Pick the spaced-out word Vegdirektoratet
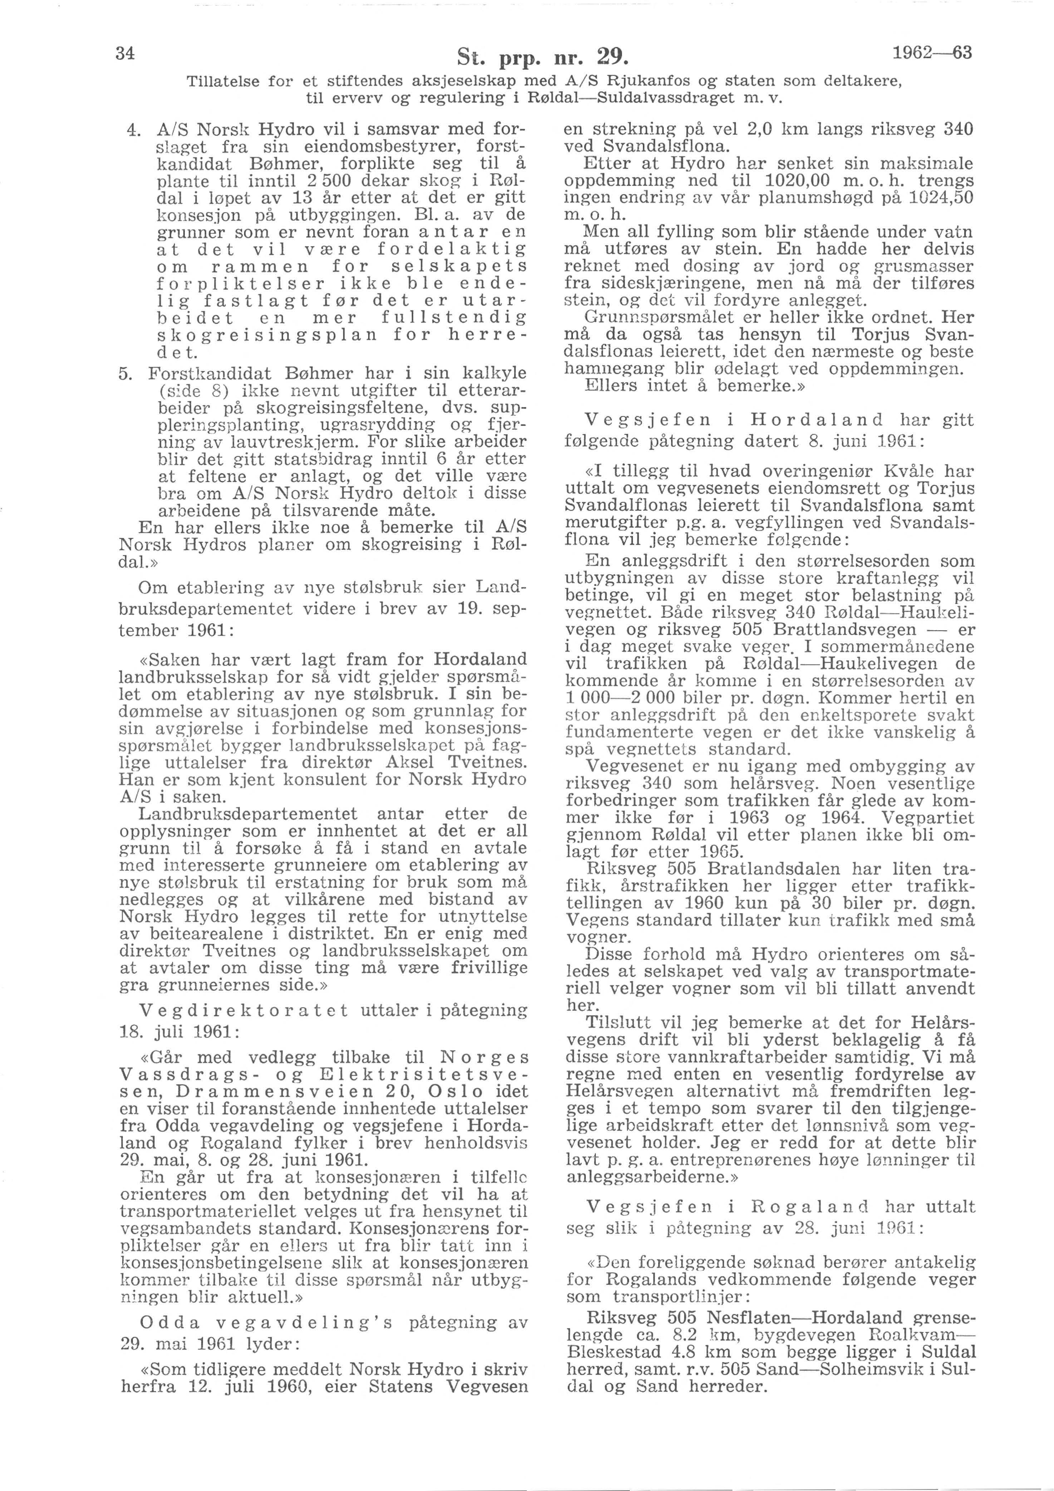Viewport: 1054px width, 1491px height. [x=244, y=1010]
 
